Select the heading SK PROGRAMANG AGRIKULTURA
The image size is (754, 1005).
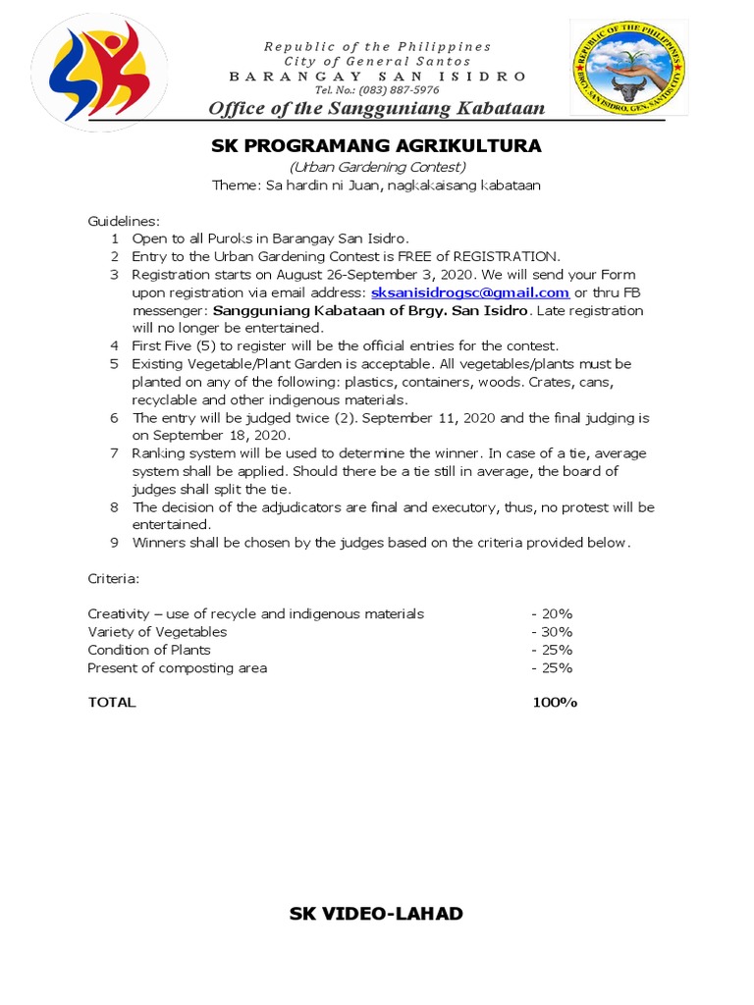click(376, 146)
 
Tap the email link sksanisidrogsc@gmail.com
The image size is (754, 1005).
click(470, 292)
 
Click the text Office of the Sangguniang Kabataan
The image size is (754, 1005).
click(377, 107)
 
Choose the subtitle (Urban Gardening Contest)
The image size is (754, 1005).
click(376, 166)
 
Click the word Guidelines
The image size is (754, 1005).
click(124, 221)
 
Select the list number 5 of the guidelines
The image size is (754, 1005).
click(115, 364)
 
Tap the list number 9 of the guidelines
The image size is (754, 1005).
click(115, 543)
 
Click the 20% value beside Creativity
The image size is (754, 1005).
click(552, 613)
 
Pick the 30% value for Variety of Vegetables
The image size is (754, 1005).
click(552, 632)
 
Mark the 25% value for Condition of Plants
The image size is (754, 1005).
click(552, 650)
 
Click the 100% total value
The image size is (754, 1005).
click(555, 703)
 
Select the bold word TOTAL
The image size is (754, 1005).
click(112, 703)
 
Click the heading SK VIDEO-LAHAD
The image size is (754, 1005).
click(376, 914)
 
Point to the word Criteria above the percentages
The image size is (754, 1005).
click(114, 579)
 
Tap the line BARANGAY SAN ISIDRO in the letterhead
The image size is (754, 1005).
click(377, 76)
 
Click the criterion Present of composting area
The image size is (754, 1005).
click(177, 668)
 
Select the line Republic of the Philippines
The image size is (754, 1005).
click(377, 46)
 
